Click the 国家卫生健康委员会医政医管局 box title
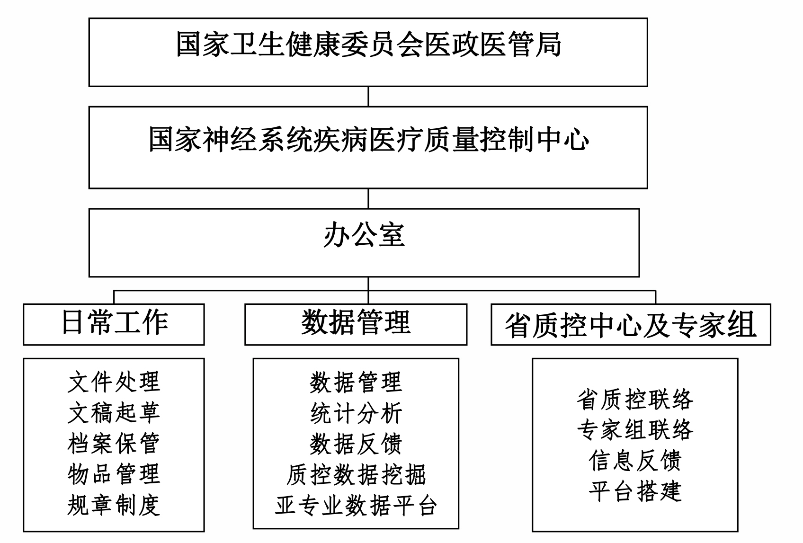(x=368, y=45)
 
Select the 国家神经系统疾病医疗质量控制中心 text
(x=368, y=139)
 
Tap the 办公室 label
(x=364, y=235)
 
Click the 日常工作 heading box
(x=114, y=324)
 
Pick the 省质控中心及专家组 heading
(x=631, y=325)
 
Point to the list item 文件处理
(x=114, y=382)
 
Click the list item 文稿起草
(x=114, y=413)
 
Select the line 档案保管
(x=114, y=444)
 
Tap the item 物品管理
(x=114, y=474)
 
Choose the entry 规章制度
(x=114, y=505)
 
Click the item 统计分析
(x=356, y=413)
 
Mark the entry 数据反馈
(x=356, y=444)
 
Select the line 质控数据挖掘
(x=356, y=474)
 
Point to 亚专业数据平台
(x=356, y=505)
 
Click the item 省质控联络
(x=635, y=399)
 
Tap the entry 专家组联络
(x=635, y=430)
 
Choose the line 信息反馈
(x=635, y=461)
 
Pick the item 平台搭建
(x=635, y=491)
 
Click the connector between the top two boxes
(x=368, y=97)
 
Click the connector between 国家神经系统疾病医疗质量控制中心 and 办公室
(x=368, y=198)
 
